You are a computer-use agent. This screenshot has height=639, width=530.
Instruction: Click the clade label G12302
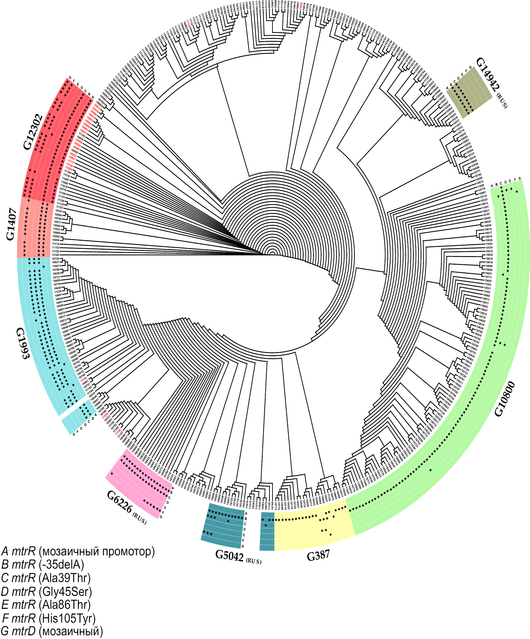click(33, 132)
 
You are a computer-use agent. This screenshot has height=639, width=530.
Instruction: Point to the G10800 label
click(504, 398)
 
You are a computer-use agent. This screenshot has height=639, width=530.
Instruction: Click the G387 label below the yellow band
click(318, 556)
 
